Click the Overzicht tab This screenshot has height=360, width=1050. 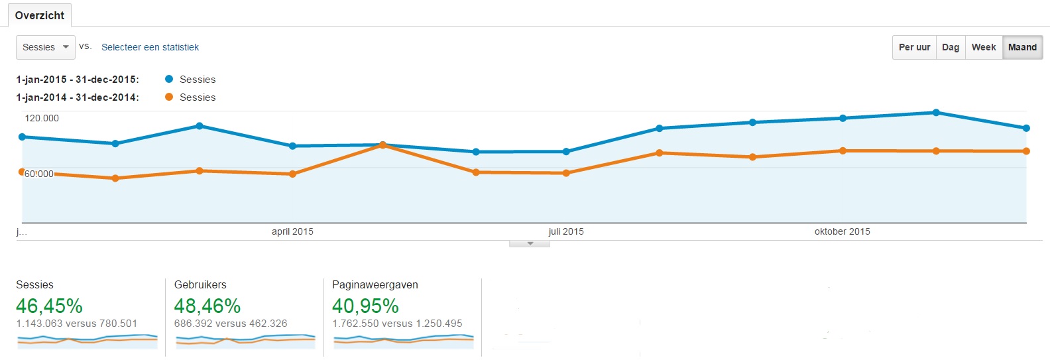(x=40, y=15)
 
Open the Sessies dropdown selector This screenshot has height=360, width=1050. (x=45, y=47)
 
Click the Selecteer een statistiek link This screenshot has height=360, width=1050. (x=150, y=47)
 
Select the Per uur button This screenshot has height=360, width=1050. (x=914, y=47)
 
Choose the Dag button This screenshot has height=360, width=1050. (x=951, y=47)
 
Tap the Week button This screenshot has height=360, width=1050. (x=984, y=47)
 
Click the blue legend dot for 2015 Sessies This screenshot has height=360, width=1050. (x=169, y=79)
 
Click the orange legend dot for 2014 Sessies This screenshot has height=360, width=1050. (x=169, y=97)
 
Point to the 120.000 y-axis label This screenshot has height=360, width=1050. (x=42, y=118)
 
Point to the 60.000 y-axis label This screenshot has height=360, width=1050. (x=39, y=174)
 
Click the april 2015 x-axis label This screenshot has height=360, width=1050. (x=292, y=231)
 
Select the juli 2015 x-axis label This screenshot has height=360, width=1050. (x=566, y=231)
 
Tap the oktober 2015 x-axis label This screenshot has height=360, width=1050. (x=842, y=231)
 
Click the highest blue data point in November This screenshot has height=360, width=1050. (x=936, y=113)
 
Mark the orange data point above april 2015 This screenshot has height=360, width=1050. (x=293, y=174)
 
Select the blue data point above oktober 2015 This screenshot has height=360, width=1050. (x=843, y=118)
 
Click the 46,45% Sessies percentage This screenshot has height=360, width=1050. (x=50, y=306)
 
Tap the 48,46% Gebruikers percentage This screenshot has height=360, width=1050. (x=207, y=306)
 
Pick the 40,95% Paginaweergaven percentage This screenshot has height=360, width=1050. (x=365, y=306)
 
